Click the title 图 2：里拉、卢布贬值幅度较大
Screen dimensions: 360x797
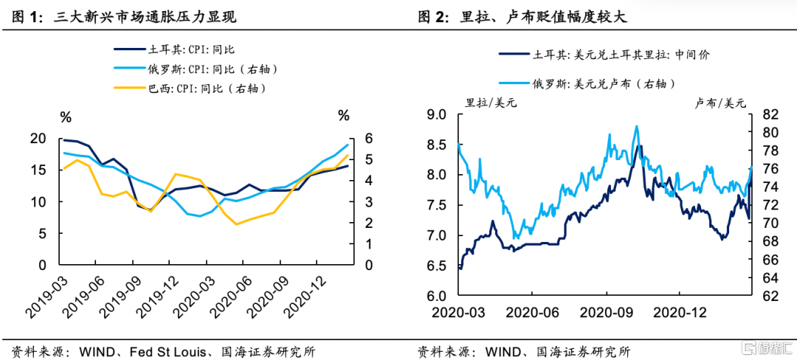[531, 16]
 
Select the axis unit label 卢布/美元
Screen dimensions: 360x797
[720, 102]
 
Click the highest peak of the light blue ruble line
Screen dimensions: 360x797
[636, 126]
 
